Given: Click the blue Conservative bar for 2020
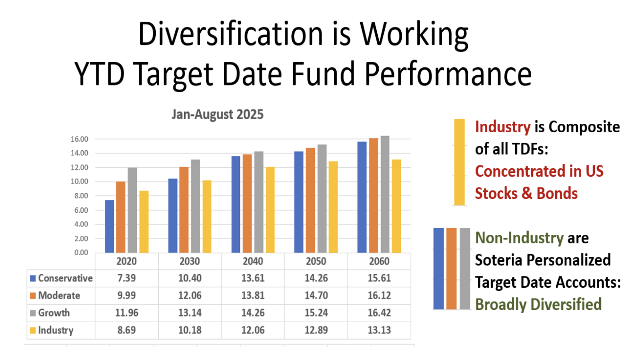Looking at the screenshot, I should pyautogui.click(x=110, y=226).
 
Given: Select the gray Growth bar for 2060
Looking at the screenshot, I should pyautogui.click(x=385, y=194).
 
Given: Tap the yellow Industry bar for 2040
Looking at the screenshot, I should pyautogui.click(x=270, y=210).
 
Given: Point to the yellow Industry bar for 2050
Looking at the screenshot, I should pyautogui.click(x=333, y=207).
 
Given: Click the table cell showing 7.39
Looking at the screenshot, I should pyautogui.click(x=127, y=278).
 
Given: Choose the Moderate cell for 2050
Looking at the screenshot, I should pyautogui.click(x=316, y=296).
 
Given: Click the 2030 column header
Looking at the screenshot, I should pyautogui.click(x=190, y=261).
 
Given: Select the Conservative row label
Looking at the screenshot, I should pyautogui.click(x=65, y=278).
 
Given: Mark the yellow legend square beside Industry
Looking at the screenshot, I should pyautogui.click(x=33, y=330).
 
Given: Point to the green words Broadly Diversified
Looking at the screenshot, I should pyautogui.click(x=538, y=304).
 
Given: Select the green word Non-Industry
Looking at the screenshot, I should pyautogui.click(x=519, y=238).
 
